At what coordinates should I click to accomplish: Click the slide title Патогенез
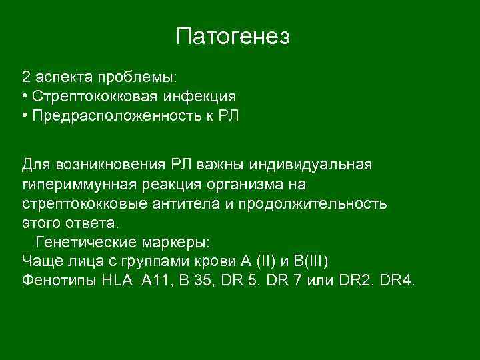click(x=233, y=37)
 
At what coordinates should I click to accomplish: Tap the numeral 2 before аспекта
click(x=26, y=75)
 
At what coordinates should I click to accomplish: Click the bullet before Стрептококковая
click(x=24, y=96)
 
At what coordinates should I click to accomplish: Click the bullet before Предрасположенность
click(x=24, y=116)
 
